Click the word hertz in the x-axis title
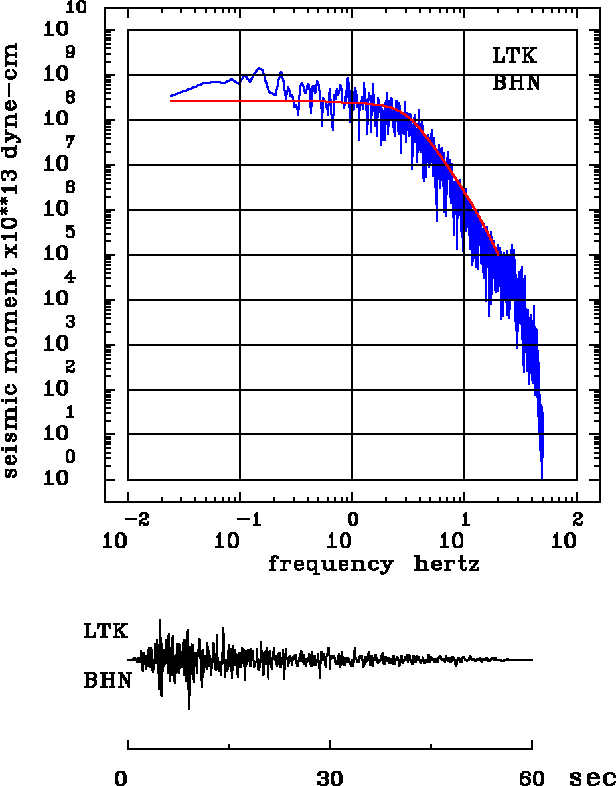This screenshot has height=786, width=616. pyautogui.click(x=447, y=564)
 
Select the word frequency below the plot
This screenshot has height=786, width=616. pyautogui.click(x=330, y=564)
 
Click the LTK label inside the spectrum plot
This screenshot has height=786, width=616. pyautogui.click(x=514, y=56)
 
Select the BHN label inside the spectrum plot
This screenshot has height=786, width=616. pyautogui.click(x=515, y=84)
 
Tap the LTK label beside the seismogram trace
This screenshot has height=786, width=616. pyautogui.click(x=106, y=631)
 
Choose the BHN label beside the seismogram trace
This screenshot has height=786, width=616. pyautogui.click(x=107, y=680)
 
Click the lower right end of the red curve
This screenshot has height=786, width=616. pyautogui.click(x=497, y=254)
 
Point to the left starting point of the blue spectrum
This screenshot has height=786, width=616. pyautogui.click(x=171, y=96)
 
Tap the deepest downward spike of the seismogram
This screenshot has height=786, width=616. pyautogui.click(x=189, y=710)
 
